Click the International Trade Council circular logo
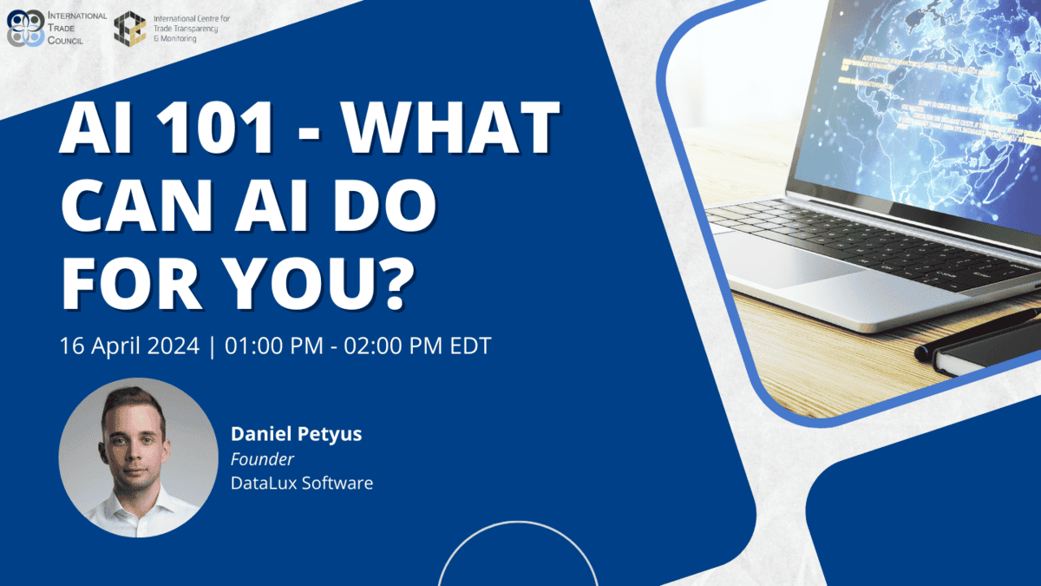[x=25, y=28]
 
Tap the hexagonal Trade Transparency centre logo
[x=130, y=28]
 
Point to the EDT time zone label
[x=468, y=346]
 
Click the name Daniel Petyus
[x=296, y=434]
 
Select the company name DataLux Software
[x=301, y=483]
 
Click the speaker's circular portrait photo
[x=138, y=457]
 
